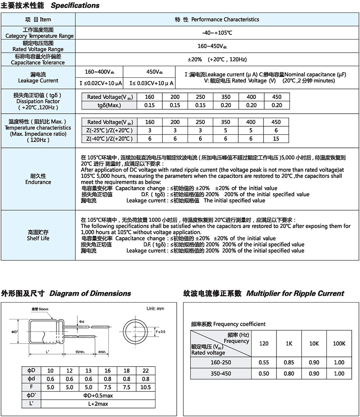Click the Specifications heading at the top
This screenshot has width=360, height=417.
coord(75,5)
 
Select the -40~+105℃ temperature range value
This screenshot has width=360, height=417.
coord(217,33)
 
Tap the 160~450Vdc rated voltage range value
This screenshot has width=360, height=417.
coord(217,46)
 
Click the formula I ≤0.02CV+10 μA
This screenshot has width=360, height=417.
coord(100,83)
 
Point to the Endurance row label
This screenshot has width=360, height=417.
coord(38,179)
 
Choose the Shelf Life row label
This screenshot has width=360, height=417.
coord(38,235)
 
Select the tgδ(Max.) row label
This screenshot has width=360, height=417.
coord(109,105)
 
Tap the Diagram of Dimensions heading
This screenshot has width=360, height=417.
coord(90,293)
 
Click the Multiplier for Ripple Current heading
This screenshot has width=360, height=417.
coord(295,293)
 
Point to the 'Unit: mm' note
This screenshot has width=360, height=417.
coord(155,309)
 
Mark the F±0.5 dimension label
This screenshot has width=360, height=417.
coord(160,331)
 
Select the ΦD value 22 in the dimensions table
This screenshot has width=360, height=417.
coord(145,371)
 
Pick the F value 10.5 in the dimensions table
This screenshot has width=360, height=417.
coord(145,387)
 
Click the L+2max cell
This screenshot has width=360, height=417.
coord(98,404)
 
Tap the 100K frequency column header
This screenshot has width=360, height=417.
coord(339,344)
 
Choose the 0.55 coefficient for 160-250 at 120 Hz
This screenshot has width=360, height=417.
coord(264,362)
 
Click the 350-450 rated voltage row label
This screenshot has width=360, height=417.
coord(221,373)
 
